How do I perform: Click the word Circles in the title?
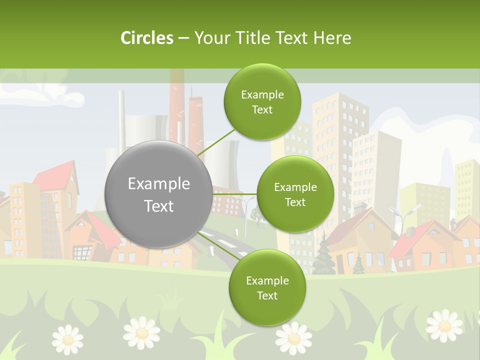[146, 38]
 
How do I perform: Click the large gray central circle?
[158, 194]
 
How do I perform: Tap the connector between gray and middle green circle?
[235, 194]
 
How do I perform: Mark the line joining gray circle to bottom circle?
[217, 245]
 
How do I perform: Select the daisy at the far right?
[444, 325]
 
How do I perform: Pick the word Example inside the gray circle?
[158, 184]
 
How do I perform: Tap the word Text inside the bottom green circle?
[267, 295]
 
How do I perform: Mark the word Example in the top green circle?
[262, 95]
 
